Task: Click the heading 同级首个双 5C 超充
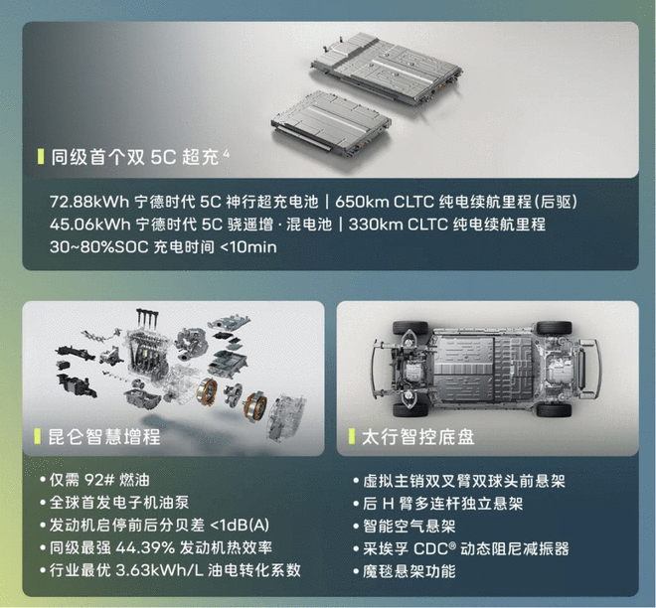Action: click(135, 157)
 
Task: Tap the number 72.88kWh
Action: click(89, 202)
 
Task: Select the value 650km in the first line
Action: click(362, 202)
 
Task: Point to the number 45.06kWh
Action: click(89, 225)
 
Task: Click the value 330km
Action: click(375, 225)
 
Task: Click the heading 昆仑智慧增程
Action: click(104, 436)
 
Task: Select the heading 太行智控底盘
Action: click(417, 437)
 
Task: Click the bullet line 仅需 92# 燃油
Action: click(99, 480)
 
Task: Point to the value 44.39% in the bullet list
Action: click(145, 547)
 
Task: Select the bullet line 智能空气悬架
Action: click(410, 527)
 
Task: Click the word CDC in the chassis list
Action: click(431, 548)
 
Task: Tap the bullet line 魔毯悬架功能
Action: click(410, 571)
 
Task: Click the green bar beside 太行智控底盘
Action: click(352, 436)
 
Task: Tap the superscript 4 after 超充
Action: click(226, 153)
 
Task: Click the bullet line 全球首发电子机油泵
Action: click(119, 503)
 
